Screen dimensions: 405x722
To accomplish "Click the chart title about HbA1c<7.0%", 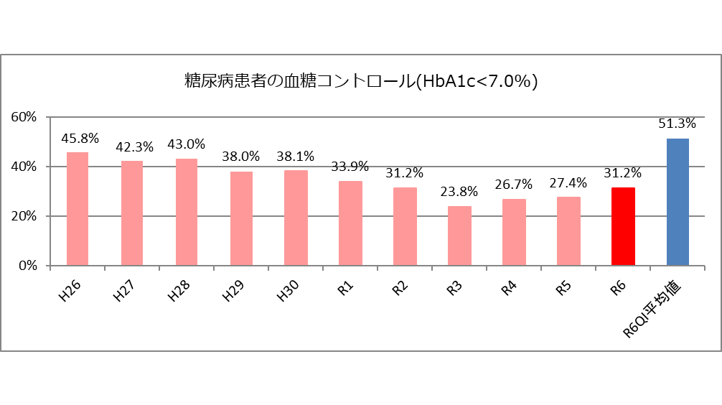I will pos(361,81).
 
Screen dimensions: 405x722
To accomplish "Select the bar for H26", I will pos(78,209).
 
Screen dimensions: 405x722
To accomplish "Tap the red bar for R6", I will pos(623,226).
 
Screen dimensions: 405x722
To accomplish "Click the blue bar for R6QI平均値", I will pos(678,202).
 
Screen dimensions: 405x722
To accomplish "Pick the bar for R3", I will pos(459,236).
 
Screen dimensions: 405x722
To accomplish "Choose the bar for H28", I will pos(186,212).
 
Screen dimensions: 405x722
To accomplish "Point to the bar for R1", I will pos(350,223).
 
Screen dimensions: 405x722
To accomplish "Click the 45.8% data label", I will pos(80,139).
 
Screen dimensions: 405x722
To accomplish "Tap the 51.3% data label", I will pos(678,124).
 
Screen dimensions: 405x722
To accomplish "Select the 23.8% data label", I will pos(459,192).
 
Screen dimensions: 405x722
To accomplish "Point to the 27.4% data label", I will pos(568,182).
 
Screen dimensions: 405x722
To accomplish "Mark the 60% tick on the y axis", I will pos(26,117).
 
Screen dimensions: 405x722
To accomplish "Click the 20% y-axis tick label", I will pos(26,216).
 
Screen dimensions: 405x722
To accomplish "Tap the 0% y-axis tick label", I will pos(29,266).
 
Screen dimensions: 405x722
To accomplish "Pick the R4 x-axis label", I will pos(508,287).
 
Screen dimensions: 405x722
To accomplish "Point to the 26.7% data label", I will pos(514,185).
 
